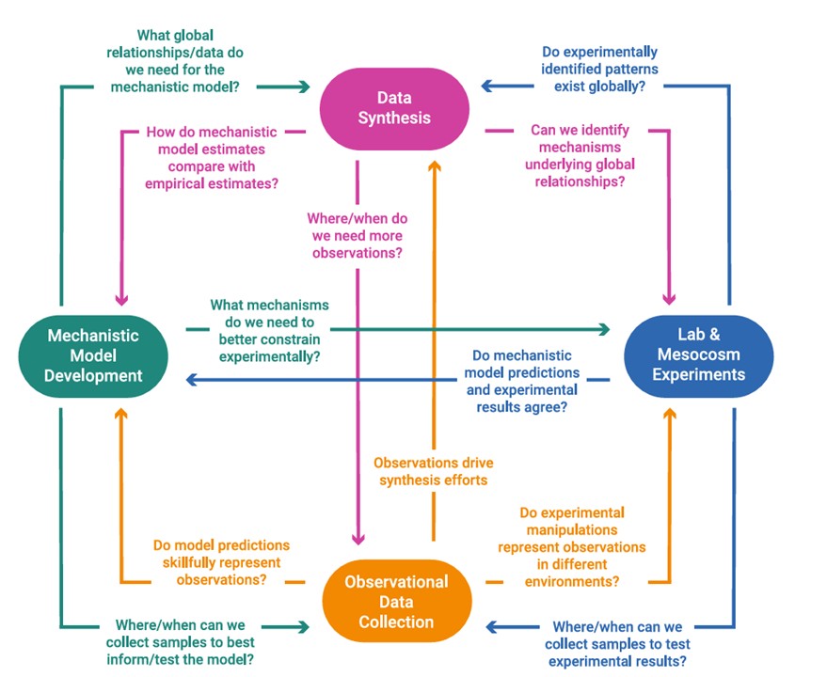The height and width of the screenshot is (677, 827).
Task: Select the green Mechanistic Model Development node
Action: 94,355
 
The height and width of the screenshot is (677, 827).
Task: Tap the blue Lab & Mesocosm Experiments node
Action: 698,355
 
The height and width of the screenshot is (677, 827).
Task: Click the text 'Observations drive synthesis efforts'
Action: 433,471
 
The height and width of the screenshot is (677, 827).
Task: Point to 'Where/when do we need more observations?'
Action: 357,235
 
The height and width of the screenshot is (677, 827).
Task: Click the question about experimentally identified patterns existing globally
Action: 600,69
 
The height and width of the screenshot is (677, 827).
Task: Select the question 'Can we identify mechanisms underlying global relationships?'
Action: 580,156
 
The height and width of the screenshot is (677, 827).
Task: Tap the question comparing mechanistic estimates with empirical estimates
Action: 212,158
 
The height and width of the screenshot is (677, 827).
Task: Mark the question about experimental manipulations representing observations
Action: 572,547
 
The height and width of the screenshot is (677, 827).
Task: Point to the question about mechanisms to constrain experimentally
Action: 269,331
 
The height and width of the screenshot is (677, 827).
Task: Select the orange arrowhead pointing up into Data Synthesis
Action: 434,167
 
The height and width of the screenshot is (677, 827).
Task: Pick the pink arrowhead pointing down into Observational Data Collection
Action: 358,538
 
